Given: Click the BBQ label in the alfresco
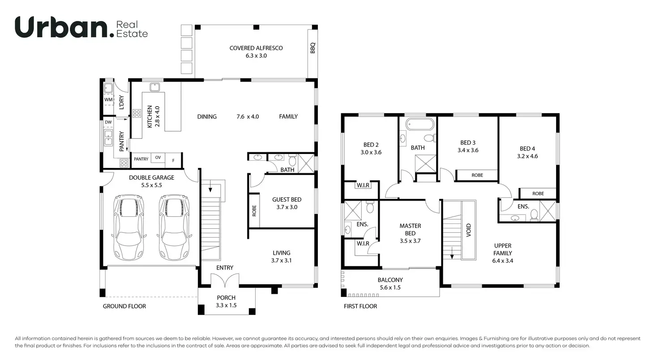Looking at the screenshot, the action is pyautogui.click(x=312, y=48).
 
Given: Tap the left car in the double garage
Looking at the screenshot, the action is pyautogui.click(x=128, y=227).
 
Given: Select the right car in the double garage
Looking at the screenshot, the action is pyautogui.click(x=174, y=227).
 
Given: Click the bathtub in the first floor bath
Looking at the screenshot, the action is pyautogui.click(x=419, y=124).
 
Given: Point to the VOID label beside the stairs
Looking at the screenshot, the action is pyautogui.click(x=469, y=230).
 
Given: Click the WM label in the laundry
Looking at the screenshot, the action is pyautogui.click(x=108, y=99).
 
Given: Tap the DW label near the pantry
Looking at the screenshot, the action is pyautogui.click(x=108, y=122).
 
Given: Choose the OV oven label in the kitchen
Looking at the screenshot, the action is pyautogui.click(x=158, y=158).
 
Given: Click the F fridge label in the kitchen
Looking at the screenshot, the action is pyautogui.click(x=173, y=160).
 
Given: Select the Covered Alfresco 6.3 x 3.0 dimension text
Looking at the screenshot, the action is pyautogui.click(x=256, y=56).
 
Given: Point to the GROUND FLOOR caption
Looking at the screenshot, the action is pyautogui.click(x=124, y=306).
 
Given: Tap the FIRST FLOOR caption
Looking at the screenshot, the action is pyautogui.click(x=360, y=306).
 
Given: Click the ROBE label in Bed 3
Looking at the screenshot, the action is pyautogui.click(x=477, y=175).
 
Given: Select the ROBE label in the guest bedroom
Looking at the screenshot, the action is pyautogui.click(x=254, y=211).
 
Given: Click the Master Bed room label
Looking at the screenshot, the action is pyautogui.click(x=410, y=230).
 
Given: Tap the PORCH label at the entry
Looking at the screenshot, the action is pyautogui.click(x=226, y=298).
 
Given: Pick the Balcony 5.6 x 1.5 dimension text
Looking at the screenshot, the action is pyautogui.click(x=390, y=287).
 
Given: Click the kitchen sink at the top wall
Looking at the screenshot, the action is pyautogui.click(x=155, y=87).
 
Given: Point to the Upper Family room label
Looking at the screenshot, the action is pyautogui.click(x=503, y=249).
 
